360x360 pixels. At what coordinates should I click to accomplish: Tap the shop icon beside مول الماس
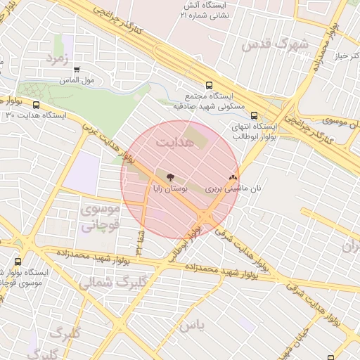pyautogui.click(x=76, y=70)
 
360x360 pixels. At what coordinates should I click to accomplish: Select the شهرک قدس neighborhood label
pyautogui.click(x=274, y=44)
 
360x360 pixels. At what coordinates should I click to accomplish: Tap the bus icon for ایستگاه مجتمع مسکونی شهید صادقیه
pyautogui.click(x=208, y=85)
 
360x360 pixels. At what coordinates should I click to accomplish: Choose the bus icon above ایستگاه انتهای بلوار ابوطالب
pyautogui.click(x=253, y=117)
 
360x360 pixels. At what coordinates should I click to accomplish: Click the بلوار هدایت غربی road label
pyautogui.click(x=99, y=145)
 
